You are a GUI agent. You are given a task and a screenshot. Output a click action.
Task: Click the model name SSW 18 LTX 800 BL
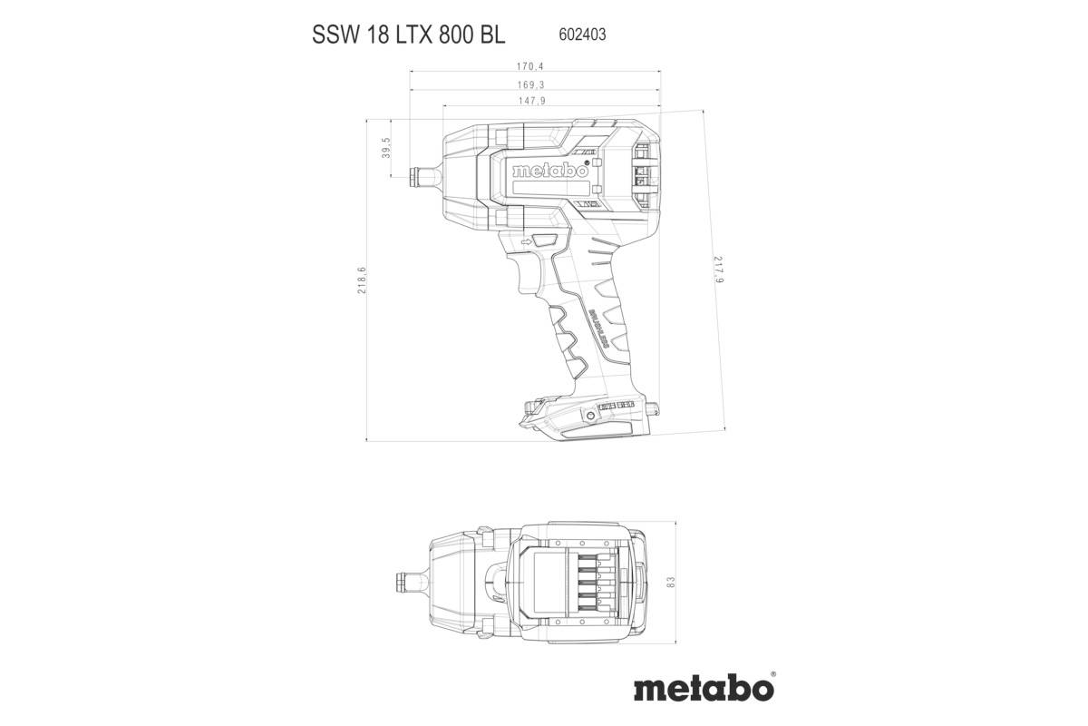point(409,35)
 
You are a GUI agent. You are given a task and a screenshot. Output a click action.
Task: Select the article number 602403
point(578,35)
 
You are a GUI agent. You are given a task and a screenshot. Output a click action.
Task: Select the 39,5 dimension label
point(385,147)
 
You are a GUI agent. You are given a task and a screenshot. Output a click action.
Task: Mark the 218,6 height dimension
point(362,280)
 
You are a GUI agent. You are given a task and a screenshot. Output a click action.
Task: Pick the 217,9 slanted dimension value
point(718,270)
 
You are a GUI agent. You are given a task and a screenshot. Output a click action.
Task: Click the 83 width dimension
point(696,582)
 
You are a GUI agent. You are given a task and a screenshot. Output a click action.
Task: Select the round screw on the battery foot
point(591,416)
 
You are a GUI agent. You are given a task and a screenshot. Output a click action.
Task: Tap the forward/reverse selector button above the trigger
point(545,240)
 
